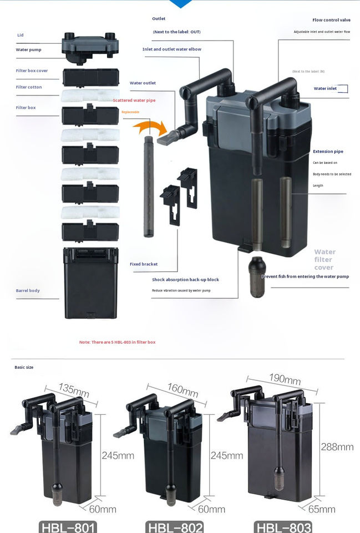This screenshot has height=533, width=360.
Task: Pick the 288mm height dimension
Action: click(337, 446)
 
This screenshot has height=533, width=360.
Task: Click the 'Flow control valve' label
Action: click(331, 20)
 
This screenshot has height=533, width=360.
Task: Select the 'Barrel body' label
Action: click(28, 290)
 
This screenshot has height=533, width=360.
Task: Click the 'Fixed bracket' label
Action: click(144, 264)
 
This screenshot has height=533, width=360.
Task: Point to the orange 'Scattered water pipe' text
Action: click(134, 100)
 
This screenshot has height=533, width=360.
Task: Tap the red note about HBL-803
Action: click(117, 342)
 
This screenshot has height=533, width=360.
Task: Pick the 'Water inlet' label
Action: click(325, 88)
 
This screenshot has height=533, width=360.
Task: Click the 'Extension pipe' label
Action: click(328, 151)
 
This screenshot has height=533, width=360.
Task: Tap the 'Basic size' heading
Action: click(23, 368)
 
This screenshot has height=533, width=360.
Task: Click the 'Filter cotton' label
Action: click(29, 87)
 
